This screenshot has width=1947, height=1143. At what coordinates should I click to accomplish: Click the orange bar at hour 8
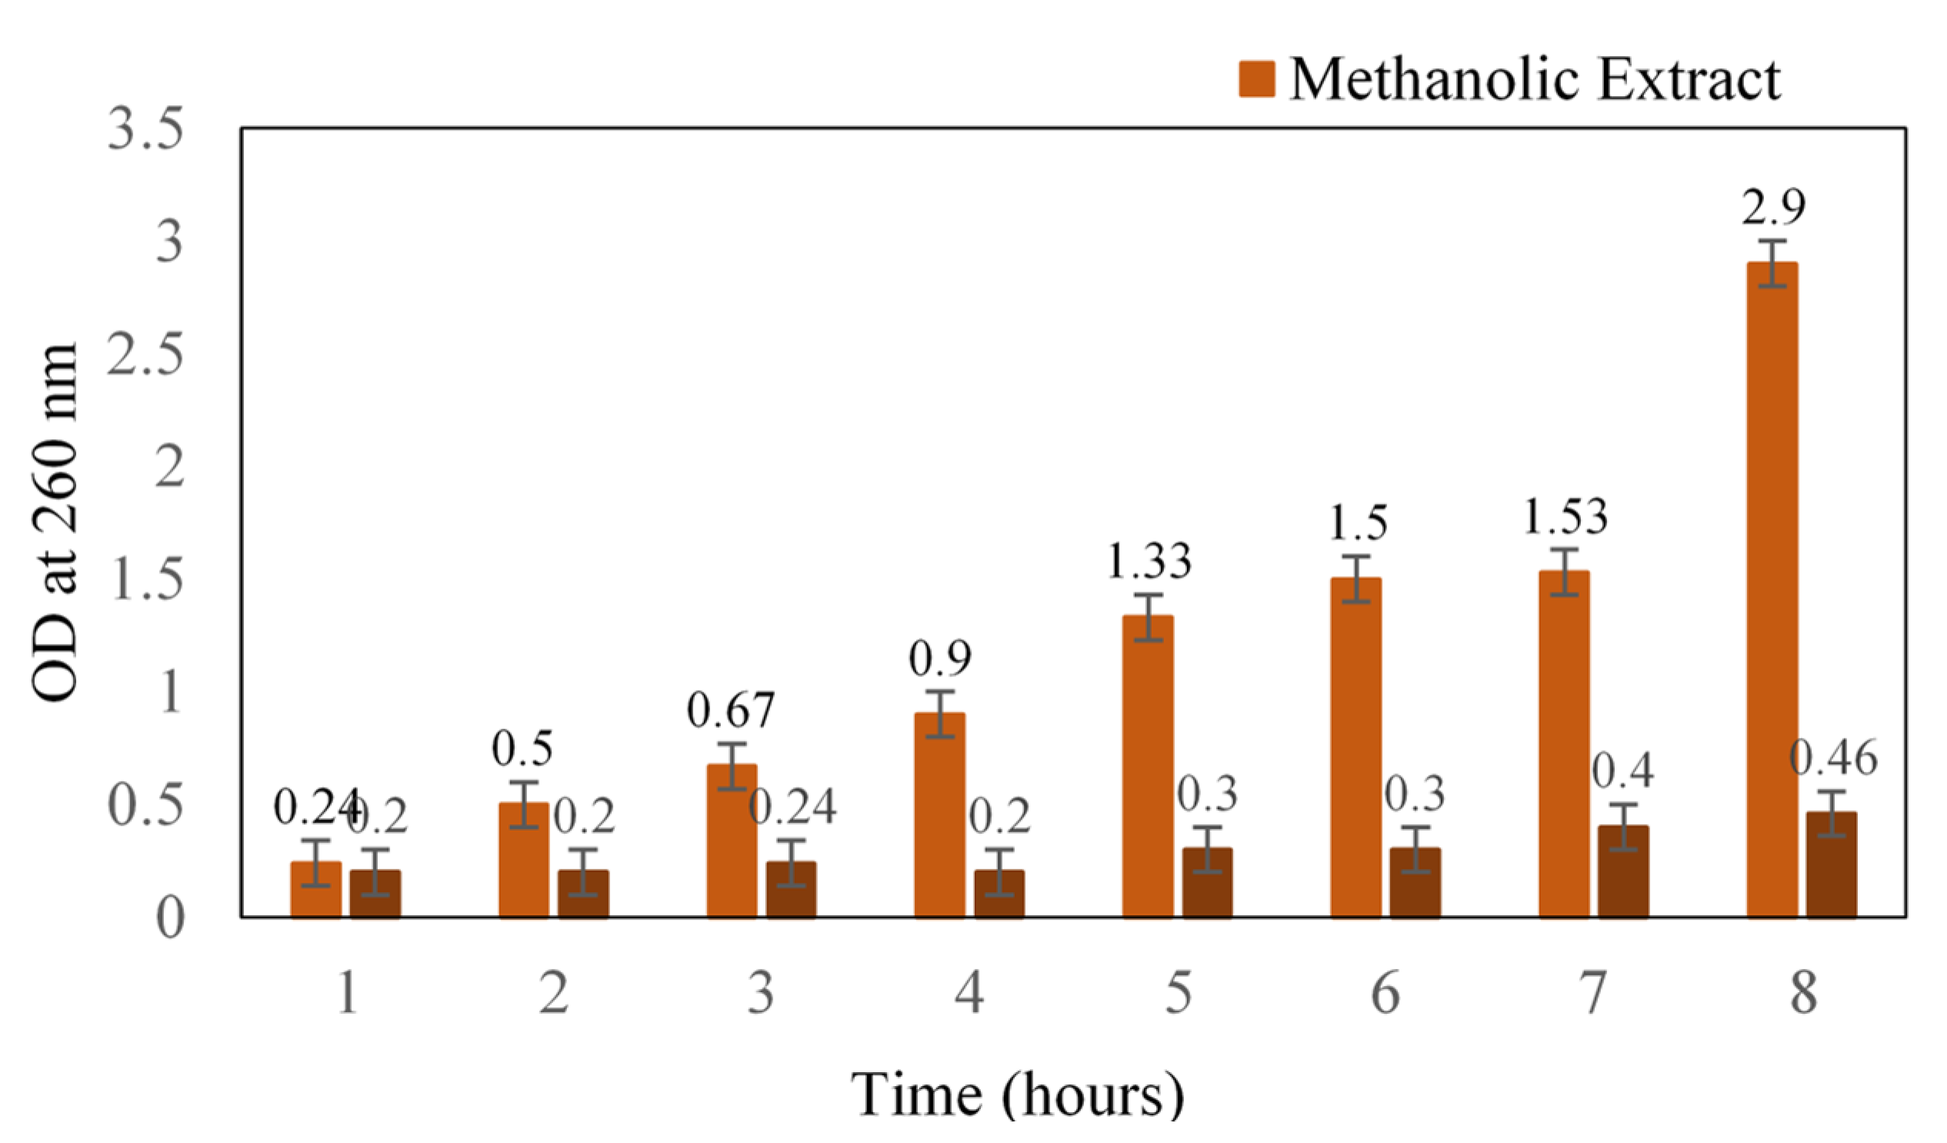click(x=1772, y=591)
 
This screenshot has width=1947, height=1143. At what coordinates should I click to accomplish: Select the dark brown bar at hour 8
click(x=1831, y=865)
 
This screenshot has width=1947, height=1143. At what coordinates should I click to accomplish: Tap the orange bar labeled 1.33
click(x=1147, y=768)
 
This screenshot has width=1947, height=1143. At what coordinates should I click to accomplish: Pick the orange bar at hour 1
click(x=316, y=891)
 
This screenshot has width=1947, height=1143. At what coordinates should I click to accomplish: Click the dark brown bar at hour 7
click(x=1623, y=872)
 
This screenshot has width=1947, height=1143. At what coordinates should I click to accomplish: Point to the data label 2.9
click(x=1773, y=207)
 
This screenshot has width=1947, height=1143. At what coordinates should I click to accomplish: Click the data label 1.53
click(x=1565, y=518)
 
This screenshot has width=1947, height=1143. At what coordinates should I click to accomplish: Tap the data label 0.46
click(x=1832, y=758)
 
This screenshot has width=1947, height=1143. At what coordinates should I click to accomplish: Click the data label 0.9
click(x=939, y=658)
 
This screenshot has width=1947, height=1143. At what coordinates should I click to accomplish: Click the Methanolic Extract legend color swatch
click(x=1257, y=79)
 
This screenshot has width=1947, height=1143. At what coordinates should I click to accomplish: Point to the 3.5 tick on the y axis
click(x=145, y=129)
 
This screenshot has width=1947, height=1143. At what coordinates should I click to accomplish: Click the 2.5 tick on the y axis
click(x=145, y=355)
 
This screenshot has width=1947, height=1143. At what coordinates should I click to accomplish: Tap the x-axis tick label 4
click(x=968, y=993)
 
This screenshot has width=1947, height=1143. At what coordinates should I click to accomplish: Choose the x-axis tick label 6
click(x=1385, y=993)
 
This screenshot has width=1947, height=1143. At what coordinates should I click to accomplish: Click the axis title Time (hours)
click(x=1017, y=1095)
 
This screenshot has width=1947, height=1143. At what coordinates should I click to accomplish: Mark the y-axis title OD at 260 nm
click(x=55, y=522)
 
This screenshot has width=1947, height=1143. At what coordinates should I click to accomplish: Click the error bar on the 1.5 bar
click(x=1355, y=578)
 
